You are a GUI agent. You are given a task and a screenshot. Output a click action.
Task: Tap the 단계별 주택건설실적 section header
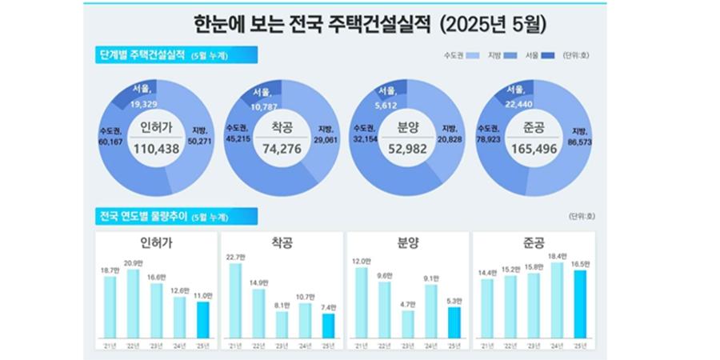tap(141, 55)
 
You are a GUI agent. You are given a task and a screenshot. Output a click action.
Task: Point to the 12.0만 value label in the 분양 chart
tap(362, 262)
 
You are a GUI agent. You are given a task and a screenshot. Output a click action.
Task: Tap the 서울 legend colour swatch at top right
tap(548, 55)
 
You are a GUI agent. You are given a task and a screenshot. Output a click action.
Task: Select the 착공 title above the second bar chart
tap(281, 242)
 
